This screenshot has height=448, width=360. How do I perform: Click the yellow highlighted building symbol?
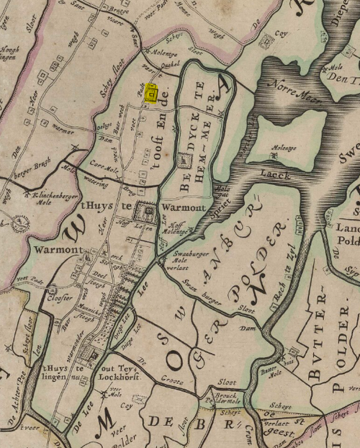[x=152, y=94]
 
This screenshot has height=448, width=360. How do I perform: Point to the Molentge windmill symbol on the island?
[x=274, y=154]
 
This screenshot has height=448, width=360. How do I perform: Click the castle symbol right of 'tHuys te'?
[x=150, y=212]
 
